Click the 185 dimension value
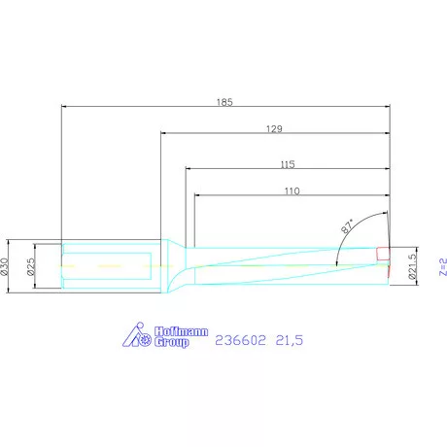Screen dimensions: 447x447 pos(223,100)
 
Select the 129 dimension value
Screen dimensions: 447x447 pos(276,128)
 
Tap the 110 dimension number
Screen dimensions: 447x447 pos(292,191)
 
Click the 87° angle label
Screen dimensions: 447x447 pos(349,227)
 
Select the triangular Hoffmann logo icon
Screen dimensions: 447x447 pos(137,335)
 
